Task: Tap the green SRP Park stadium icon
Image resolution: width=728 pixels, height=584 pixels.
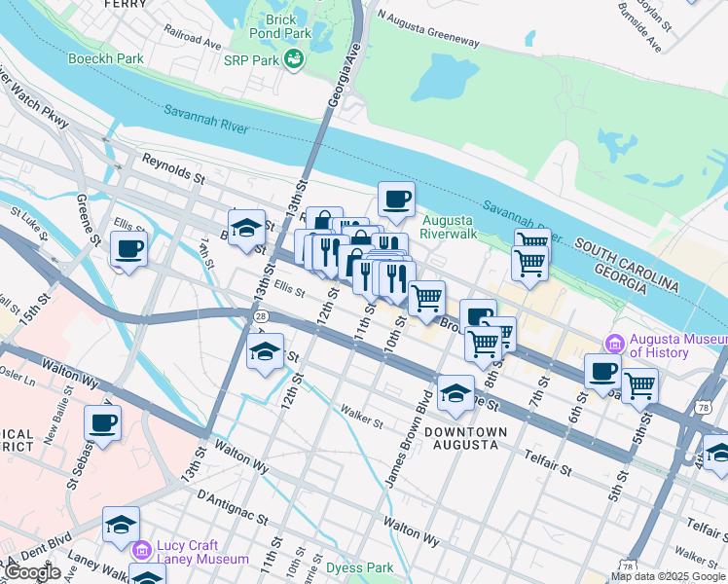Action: pyautogui.click(x=293, y=60)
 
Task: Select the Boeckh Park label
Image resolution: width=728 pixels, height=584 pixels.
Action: pyautogui.click(x=106, y=58)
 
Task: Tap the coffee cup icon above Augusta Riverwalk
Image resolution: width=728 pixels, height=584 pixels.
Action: pyautogui.click(x=396, y=200)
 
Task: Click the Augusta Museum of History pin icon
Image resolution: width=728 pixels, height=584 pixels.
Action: pyautogui.click(x=614, y=344)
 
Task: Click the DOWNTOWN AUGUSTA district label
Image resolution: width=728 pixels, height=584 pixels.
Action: pyautogui.click(x=465, y=437)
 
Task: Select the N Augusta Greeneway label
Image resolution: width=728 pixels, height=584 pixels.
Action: pyautogui.click(x=428, y=29)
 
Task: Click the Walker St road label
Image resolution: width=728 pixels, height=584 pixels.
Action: pyautogui.click(x=362, y=416)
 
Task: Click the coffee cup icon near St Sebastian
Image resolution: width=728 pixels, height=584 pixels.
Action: pyautogui.click(x=102, y=423)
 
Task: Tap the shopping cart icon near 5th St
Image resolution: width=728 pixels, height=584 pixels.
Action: pyautogui.click(x=639, y=385)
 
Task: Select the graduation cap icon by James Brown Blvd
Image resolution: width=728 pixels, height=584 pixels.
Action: pyautogui.click(x=455, y=393)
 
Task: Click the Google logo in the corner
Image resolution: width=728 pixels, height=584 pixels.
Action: pyautogui.click(x=32, y=571)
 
